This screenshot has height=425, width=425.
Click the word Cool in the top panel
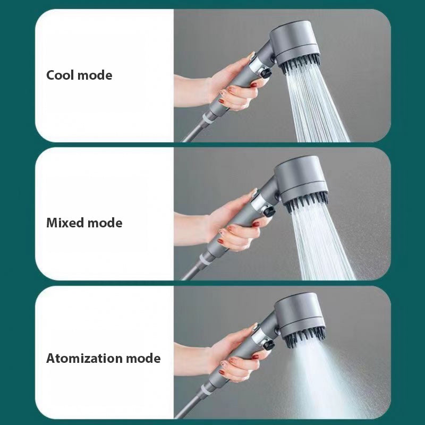(x=60, y=75)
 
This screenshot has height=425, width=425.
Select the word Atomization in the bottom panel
(x=84, y=358)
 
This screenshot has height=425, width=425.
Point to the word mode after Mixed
(x=105, y=223)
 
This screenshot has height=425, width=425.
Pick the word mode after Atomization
(x=143, y=358)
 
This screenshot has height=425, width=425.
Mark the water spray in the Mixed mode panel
(x=324, y=244)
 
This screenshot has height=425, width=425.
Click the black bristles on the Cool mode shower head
(x=300, y=65)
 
